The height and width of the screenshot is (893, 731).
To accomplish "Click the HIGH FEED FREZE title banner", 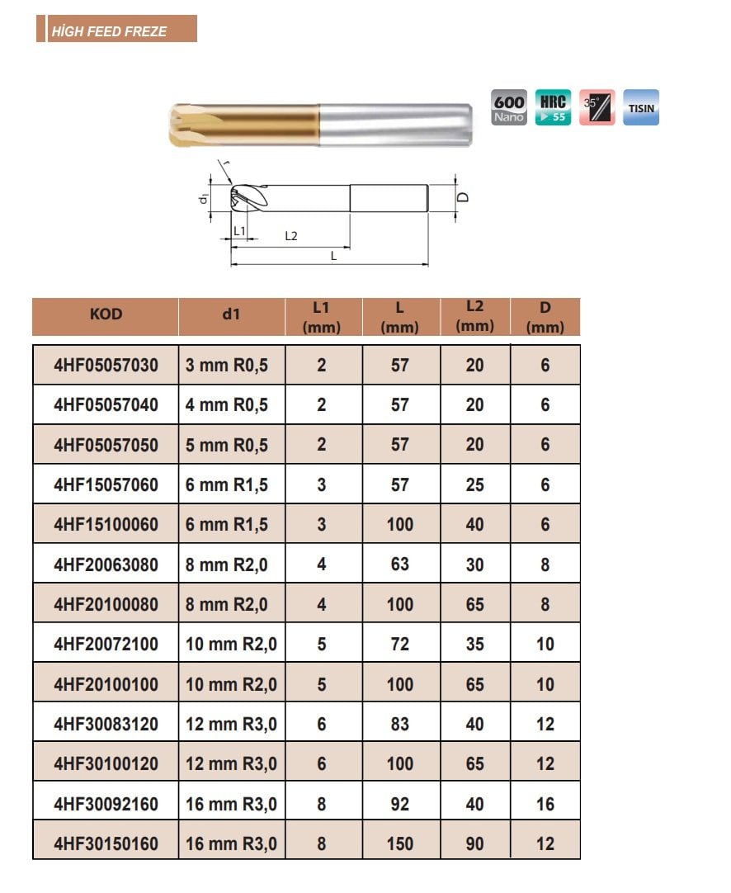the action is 116,29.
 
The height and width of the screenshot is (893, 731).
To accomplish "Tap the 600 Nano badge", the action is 509,107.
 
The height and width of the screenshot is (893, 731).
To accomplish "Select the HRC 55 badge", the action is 553,107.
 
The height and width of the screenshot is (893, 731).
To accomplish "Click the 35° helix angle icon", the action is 597,107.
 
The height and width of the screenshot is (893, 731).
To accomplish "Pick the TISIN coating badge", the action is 641,107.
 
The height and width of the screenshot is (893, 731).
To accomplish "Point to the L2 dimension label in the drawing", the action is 291,236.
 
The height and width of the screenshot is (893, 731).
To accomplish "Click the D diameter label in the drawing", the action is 464,197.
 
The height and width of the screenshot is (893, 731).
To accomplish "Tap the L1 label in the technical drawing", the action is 240,230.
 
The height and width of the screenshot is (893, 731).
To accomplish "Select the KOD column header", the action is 106,314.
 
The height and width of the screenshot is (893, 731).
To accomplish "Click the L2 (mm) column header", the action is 474,316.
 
